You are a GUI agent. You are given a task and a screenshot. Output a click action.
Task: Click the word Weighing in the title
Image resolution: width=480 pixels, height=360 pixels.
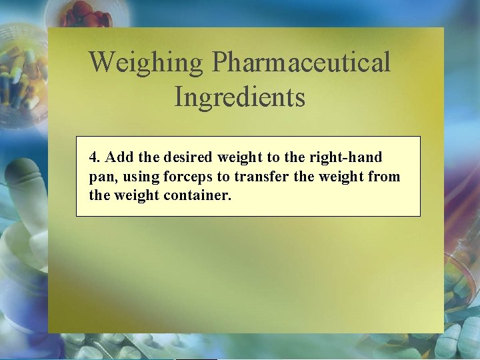click(x=146, y=63)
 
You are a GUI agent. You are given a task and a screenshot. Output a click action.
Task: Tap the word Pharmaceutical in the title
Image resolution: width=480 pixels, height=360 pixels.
click(x=301, y=63)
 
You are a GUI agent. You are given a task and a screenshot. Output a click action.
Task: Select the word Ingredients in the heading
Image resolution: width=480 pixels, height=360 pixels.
click(x=239, y=97)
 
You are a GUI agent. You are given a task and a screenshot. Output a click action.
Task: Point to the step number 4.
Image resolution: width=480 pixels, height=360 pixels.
click(x=95, y=159)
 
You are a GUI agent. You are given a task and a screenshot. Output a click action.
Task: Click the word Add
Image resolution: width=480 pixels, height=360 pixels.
click(x=119, y=159)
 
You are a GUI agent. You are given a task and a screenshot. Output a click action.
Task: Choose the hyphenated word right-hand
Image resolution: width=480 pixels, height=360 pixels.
click(x=349, y=159)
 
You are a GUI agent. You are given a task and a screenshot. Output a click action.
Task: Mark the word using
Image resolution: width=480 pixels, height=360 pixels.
click(x=135, y=177)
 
